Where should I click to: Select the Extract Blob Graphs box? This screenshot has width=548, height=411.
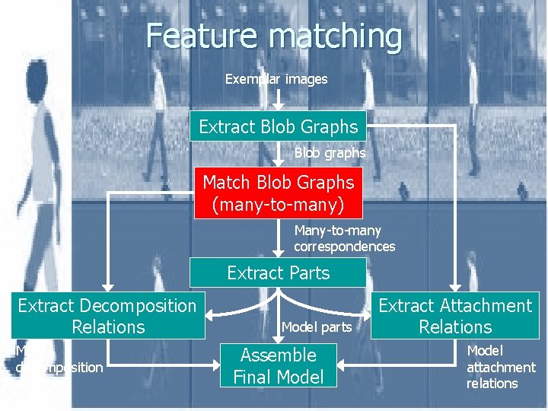(278, 126)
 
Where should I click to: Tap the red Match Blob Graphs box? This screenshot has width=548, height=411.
(278, 193)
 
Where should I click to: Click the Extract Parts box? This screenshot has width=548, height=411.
(278, 272)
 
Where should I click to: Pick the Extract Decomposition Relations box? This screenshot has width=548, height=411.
(107, 316)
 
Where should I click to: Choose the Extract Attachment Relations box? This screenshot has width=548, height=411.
(455, 316)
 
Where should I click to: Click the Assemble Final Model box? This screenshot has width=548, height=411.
(278, 365)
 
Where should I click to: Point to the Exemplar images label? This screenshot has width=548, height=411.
(276, 79)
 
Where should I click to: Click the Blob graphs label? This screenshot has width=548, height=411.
(330, 153)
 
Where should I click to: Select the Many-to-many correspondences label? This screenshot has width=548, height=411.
(345, 238)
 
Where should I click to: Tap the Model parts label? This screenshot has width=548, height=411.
(316, 327)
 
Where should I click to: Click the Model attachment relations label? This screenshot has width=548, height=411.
(500, 367)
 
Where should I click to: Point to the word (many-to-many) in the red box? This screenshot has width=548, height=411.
(278, 205)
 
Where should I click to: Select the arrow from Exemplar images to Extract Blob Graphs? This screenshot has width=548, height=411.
(279, 99)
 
